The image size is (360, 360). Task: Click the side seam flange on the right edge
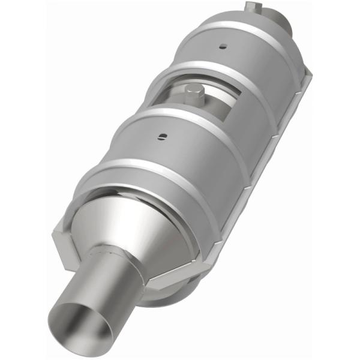coord(282,138)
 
